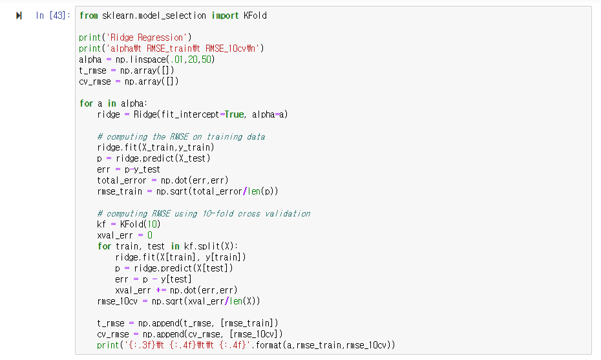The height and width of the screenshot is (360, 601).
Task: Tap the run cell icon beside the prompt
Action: pyautogui.click(x=19, y=16)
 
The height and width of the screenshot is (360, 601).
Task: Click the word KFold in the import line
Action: pyautogui.click(x=255, y=16)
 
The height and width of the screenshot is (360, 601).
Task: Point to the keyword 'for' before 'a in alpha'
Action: pyautogui.click(x=86, y=103)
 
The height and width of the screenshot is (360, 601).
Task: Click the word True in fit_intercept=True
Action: pyautogui.click(x=234, y=114)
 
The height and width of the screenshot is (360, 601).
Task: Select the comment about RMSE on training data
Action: pyautogui.click(x=181, y=136)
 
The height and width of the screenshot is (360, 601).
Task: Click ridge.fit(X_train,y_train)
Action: pyautogui.click(x=155, y=147)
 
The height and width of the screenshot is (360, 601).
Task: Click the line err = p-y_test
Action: pyautogui.click(x=129, y=169)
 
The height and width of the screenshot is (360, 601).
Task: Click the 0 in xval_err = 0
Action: pyautogui.click(x=150, y=235)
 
